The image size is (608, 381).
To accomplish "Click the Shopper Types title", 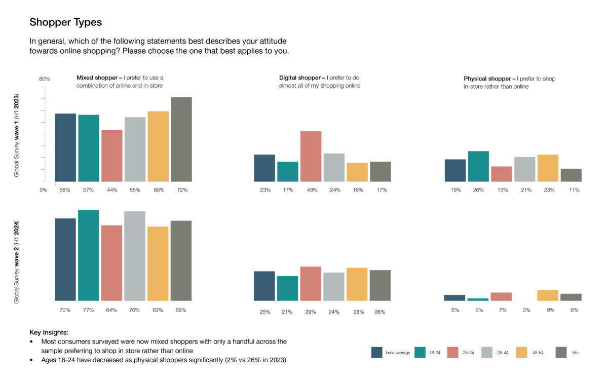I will (65, 22).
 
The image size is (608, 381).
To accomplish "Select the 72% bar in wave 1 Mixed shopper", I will (181, 139).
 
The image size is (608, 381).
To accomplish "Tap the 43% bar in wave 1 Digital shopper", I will (311, 156).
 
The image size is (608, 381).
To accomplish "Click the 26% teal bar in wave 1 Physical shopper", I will (478, 166).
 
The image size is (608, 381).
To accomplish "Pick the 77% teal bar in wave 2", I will (89, 255).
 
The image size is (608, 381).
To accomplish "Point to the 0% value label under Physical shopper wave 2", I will (526, 310).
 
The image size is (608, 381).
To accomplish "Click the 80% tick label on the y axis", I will (45, 79).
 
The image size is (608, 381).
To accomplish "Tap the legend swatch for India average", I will (377, 352).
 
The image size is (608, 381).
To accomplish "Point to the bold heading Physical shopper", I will (489, 79).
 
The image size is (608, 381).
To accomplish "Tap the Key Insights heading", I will (49, 333).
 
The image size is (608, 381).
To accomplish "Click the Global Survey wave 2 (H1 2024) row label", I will (16, 262).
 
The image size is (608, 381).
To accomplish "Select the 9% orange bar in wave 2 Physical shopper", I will (548, 295).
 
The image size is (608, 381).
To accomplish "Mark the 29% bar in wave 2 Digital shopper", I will (311, 284).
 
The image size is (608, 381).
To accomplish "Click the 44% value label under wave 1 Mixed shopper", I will (112, 190).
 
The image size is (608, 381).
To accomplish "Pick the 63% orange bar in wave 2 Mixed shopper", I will (158, 263).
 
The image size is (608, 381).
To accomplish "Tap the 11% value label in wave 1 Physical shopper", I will (574, 190).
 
